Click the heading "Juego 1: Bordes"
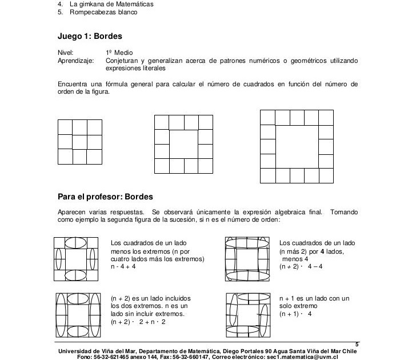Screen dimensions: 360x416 (x=90, y=36)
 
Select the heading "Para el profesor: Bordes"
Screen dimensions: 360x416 (x=105, y=197)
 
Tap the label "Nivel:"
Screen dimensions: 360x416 (x=66, y=53)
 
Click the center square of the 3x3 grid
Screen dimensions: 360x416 (x=79, y=141)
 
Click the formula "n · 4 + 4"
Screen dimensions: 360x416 (x=123, y=266)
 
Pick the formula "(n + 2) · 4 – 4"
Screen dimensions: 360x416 (x=299, y=266)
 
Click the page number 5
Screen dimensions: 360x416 (x=357, y=344)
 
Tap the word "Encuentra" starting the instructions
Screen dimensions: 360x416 (x=73, y=84)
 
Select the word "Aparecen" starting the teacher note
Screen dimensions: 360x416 (x=71, y=211)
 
